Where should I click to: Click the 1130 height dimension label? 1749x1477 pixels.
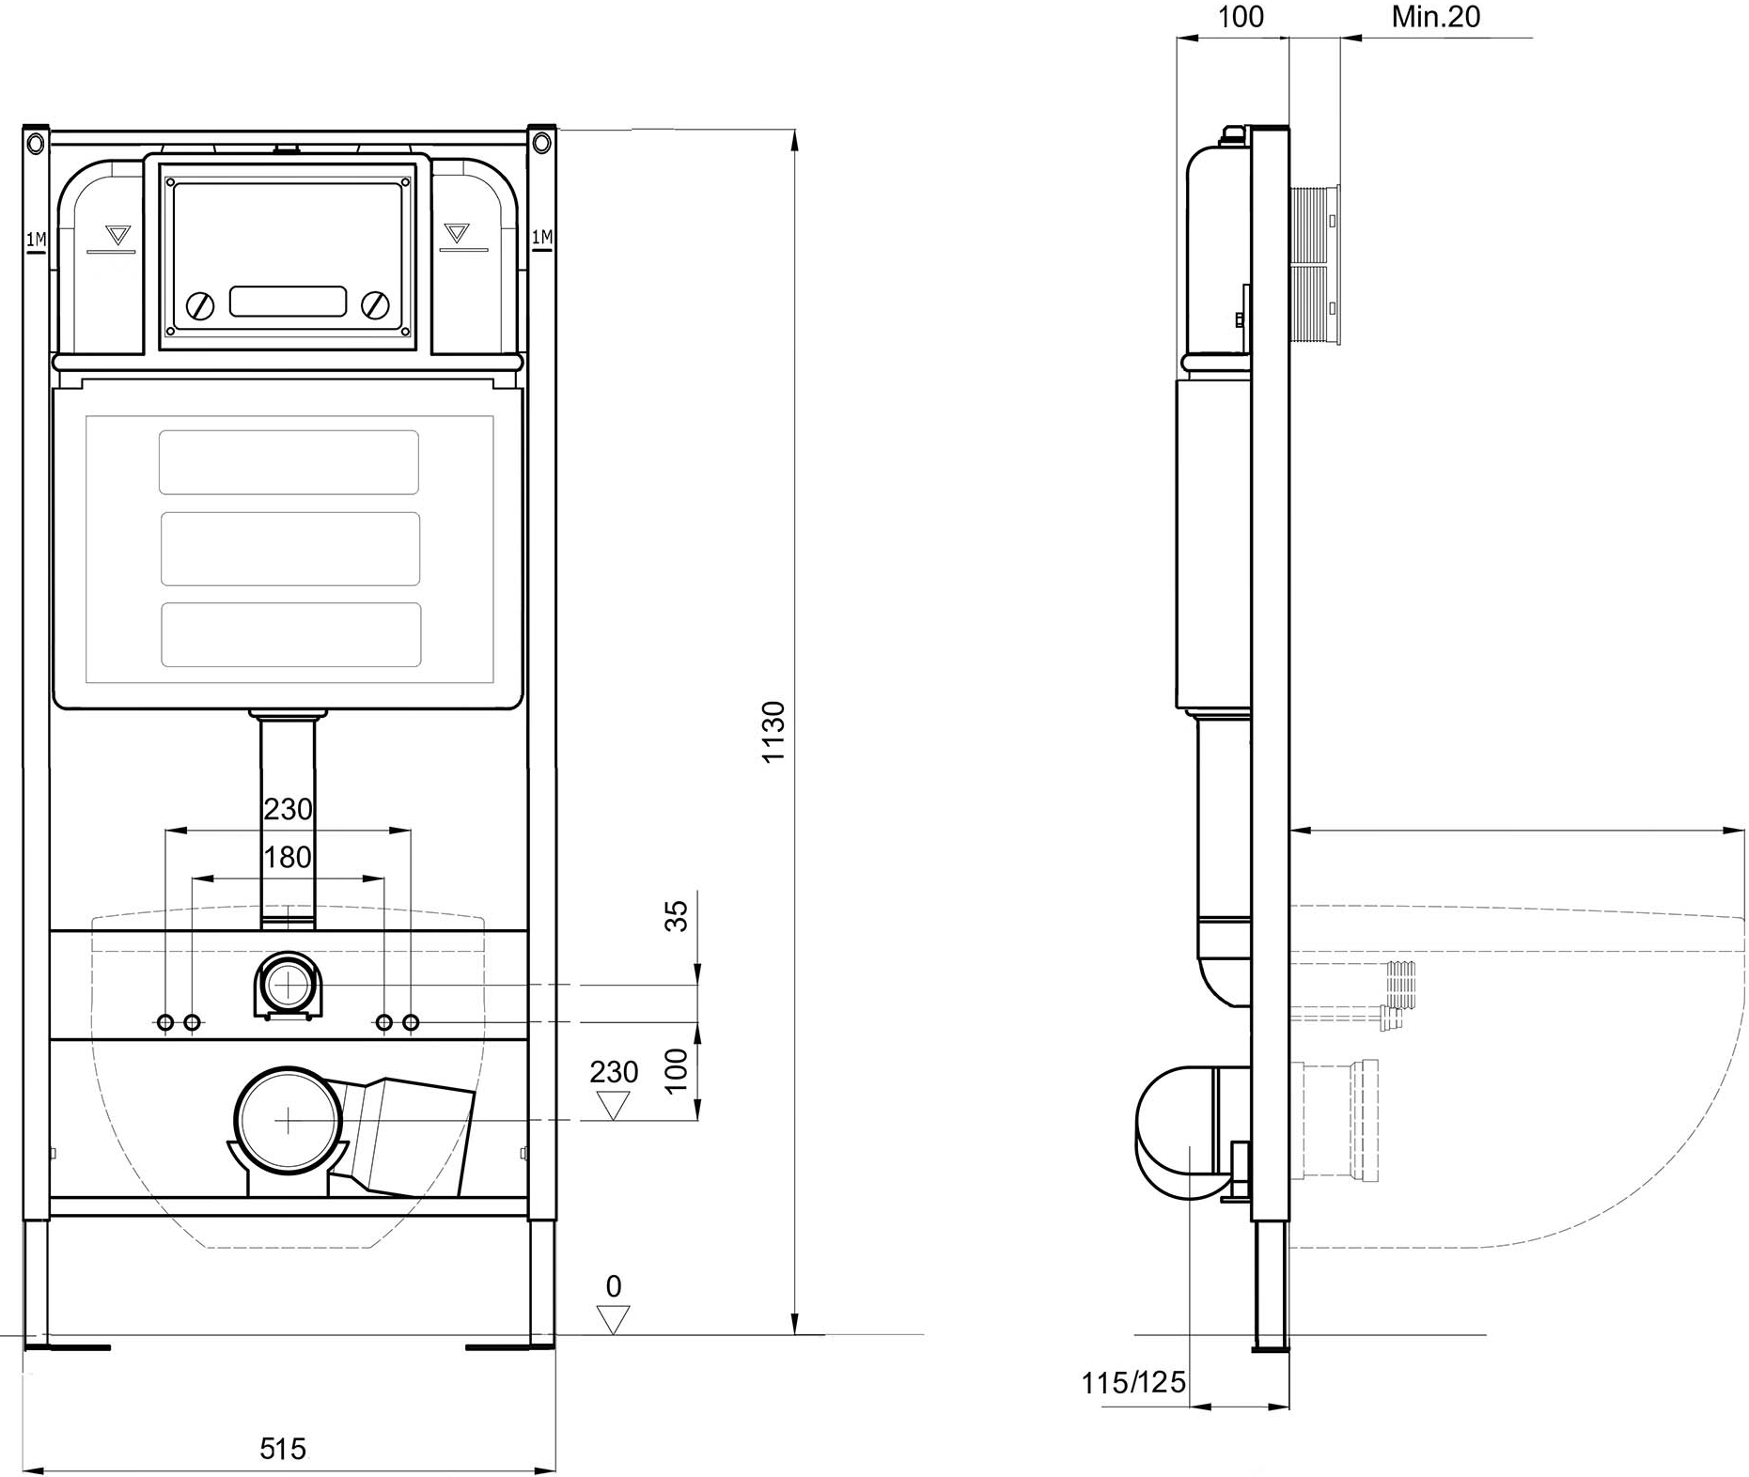773,731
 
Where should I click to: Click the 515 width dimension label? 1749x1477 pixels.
283,1449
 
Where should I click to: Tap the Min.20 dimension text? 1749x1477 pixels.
1435,17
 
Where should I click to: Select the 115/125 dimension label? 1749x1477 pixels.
1133,1383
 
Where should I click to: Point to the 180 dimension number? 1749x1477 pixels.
288,857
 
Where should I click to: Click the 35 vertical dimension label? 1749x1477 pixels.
677,915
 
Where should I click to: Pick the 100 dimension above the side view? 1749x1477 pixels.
1241,17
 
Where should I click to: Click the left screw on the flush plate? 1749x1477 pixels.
200,305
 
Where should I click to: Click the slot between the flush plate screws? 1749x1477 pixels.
288,302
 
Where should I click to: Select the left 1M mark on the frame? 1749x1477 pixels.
36,241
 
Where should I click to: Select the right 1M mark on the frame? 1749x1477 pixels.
542,239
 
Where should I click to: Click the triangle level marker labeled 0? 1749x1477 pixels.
614,1319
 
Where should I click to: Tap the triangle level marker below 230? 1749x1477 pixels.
614,1105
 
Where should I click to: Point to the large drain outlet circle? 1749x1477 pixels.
287,1120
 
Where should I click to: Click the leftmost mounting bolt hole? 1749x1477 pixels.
165,1022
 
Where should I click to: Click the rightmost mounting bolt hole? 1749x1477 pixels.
411,1022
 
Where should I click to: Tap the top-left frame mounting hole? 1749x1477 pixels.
36,144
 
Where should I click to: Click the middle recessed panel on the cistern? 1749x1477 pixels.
290,549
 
